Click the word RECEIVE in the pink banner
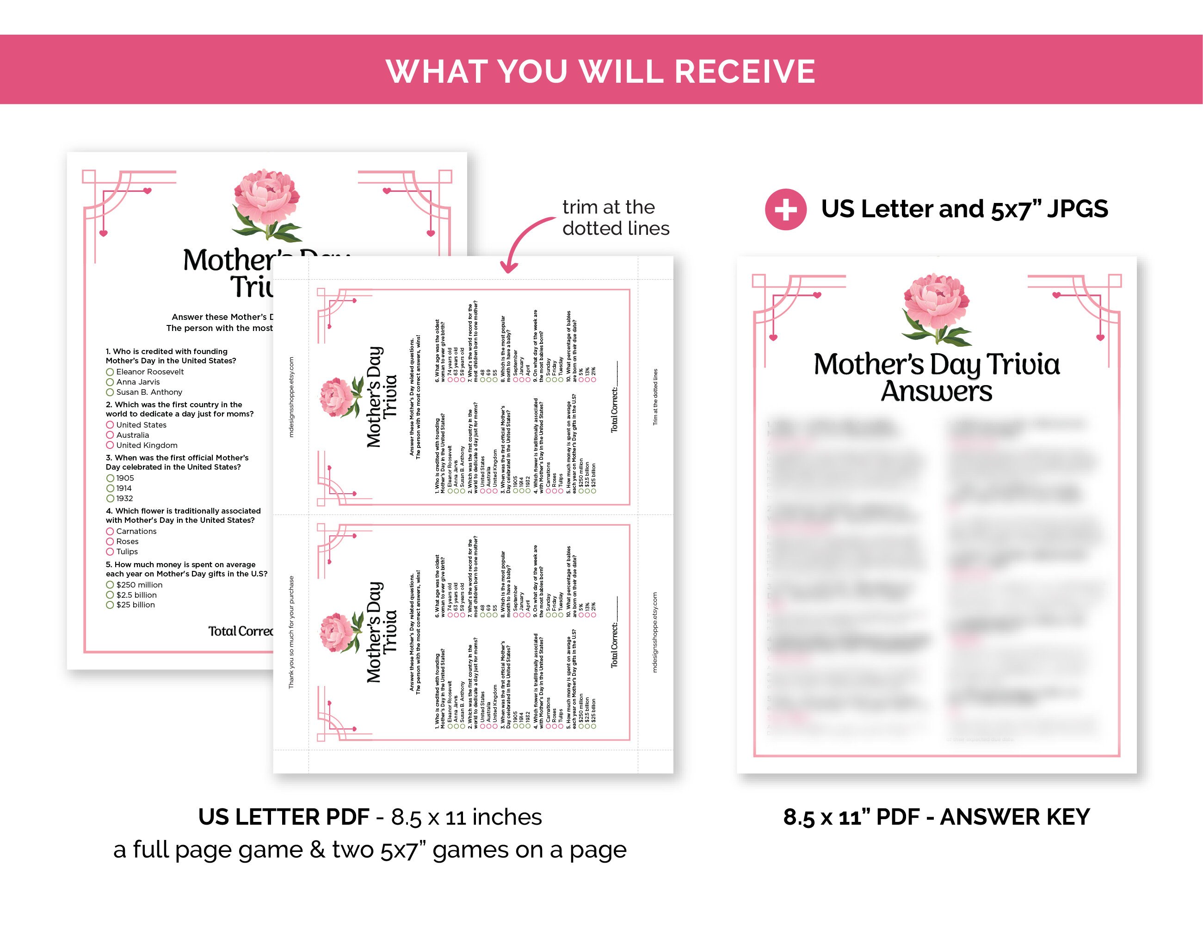(x=744, y=72)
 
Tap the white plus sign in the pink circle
(x=785, y=210)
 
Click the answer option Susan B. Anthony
(x=149, y=392)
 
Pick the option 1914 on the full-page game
(x=124, y=488)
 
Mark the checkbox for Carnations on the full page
(x=110, y=531)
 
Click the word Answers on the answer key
(x=937, y=392)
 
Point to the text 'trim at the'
(x=608, y=208)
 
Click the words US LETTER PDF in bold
(x=284, y=817)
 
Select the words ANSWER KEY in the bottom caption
(x=1015, y=817)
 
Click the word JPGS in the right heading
(x=1077, y=209)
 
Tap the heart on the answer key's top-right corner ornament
(x=1056, y=295)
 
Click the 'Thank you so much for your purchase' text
(x=291, y=632)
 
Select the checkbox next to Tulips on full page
(x=110, y=551)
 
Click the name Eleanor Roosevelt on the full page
(x=150, y=372)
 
